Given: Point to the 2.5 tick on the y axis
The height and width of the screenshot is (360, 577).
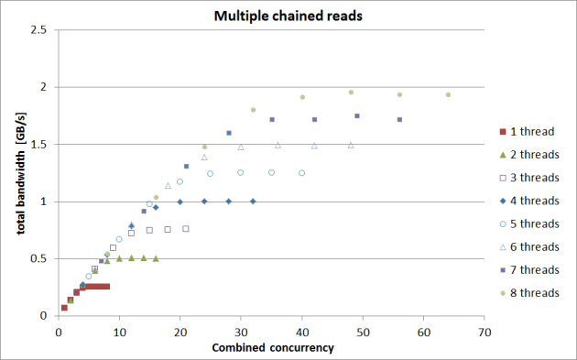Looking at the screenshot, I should coord(38,30).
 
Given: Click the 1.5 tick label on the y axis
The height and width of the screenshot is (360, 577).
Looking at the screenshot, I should coord(38,145).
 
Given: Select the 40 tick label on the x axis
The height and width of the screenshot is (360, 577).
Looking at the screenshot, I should coord(302,332).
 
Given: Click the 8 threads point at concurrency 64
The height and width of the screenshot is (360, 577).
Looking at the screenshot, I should coord(448,94).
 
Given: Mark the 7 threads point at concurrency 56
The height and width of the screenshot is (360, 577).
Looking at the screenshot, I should coord(399,119).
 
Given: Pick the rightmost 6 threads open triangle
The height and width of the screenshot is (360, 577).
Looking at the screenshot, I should coord(351,145).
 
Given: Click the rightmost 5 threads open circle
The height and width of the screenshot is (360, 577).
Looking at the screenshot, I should coord(301,172).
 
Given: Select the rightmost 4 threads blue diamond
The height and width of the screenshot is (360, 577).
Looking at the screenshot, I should coord(253,201).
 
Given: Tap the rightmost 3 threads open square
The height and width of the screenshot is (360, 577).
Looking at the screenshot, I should coord(186,228).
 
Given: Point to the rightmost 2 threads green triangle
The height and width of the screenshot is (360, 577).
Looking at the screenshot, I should coord(156,258).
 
